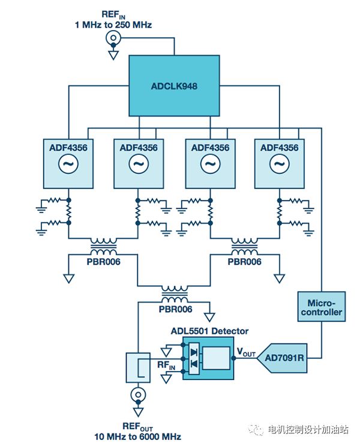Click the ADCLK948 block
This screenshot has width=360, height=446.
pyautogui.click(x=174, y=86)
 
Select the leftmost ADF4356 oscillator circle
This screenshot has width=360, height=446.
pyautogui.click(x=68, y=163)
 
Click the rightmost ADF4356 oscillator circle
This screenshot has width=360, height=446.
pyautogui.click(x=278, y=163)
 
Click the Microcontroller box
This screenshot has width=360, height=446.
pyautogui.click(x=321, y=307)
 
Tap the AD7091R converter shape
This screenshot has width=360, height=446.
pyautogui.click(x=282, y=358)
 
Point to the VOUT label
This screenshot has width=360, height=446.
pyautogui.click(x=245, y=352)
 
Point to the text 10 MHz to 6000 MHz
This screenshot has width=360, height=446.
pyautogui.click(x=137, y=436)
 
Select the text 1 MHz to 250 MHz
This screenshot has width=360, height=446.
pyautogui.click(x=113, y=25)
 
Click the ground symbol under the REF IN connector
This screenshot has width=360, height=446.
pyautogui.click(x=112, y=55)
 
